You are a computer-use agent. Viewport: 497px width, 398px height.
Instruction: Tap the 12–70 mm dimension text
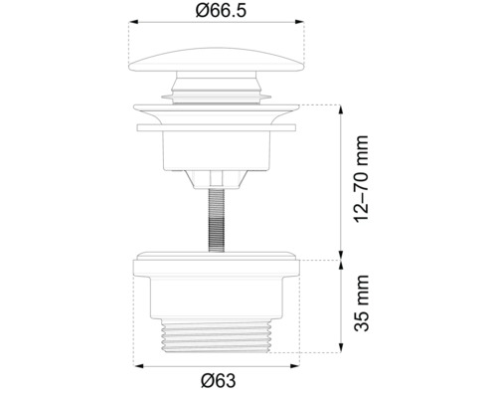363,179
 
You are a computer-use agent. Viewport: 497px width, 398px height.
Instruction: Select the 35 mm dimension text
363,305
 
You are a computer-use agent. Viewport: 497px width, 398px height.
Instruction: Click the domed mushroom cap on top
214,58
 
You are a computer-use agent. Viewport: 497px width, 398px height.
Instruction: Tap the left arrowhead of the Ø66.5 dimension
134,30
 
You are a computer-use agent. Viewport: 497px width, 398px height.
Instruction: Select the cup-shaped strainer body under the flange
214,149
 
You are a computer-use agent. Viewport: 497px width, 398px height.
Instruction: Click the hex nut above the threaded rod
214,179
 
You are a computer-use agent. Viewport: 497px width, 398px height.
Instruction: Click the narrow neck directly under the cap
214,88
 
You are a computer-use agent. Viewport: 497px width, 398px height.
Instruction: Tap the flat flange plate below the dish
214,127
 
